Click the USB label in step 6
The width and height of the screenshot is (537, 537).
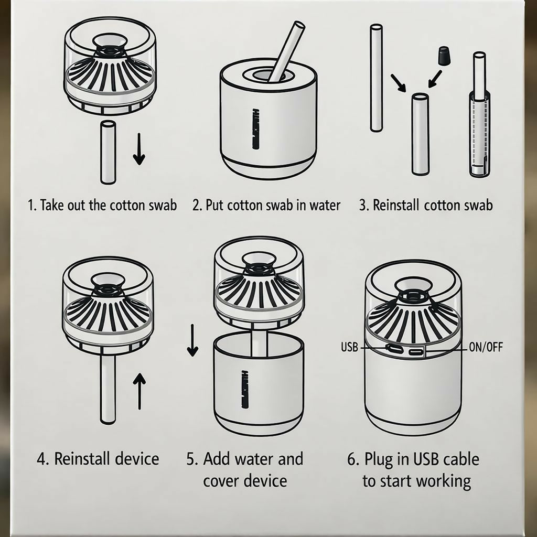point(349,347)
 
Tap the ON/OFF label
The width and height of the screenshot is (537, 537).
point(486,347)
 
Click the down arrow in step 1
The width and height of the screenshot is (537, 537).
point(138,149)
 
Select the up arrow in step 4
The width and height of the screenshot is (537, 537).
point(139,391)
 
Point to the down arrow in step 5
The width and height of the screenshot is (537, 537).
point(192,340)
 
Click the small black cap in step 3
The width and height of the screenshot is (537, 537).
point(444,56)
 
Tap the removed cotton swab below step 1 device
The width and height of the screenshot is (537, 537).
point(108,153)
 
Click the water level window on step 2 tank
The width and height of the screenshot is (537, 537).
point(255,129)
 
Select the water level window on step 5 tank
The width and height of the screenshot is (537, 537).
point(244,389)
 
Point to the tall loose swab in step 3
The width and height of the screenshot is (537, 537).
point(377,78)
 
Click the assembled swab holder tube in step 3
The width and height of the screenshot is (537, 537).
point(479,115)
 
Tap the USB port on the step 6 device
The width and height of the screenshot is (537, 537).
point(392,348)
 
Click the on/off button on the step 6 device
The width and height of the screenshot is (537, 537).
point(416,352)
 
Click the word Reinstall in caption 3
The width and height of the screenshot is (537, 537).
point(395,205)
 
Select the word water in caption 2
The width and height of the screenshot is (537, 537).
point(325,205)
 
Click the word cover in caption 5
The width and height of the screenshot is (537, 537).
point(221,481)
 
